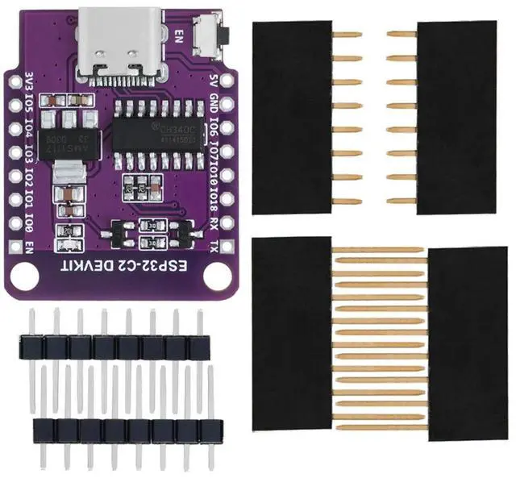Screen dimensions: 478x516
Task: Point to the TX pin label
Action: [213, 245]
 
